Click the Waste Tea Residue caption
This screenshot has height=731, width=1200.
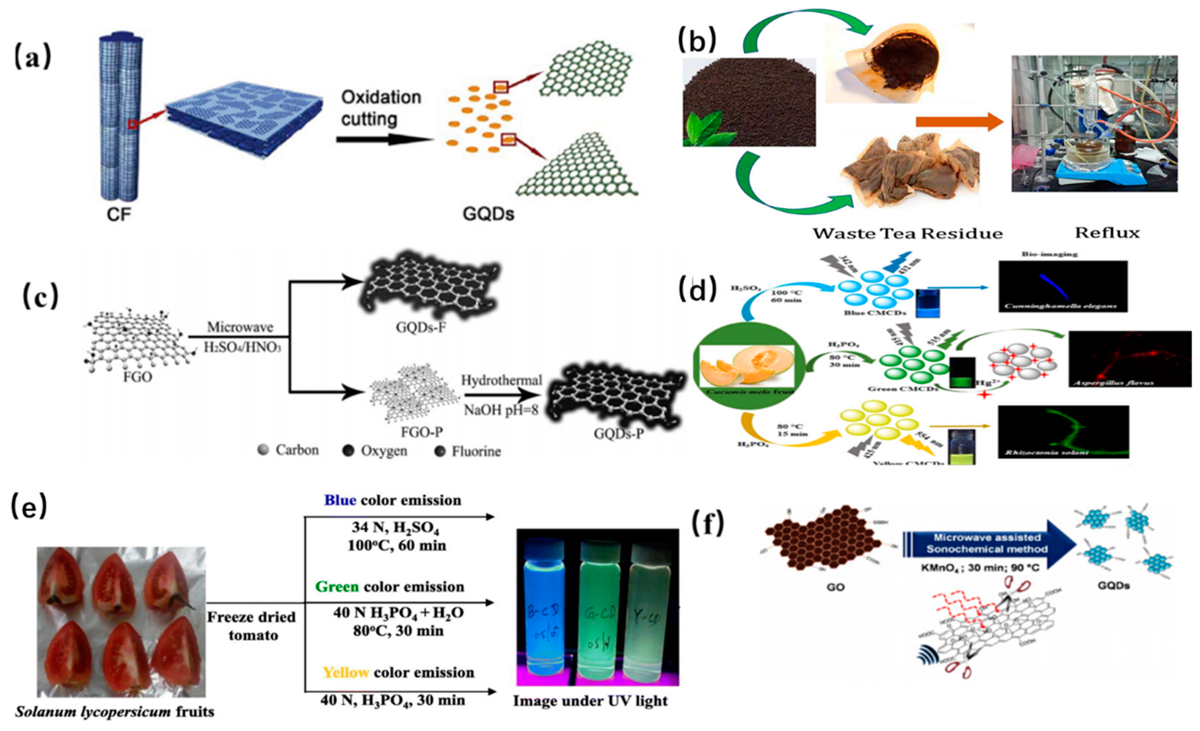pos(907,234)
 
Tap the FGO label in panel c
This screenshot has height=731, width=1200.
pos(138,376)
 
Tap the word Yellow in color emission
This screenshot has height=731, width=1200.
pos(346,672)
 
